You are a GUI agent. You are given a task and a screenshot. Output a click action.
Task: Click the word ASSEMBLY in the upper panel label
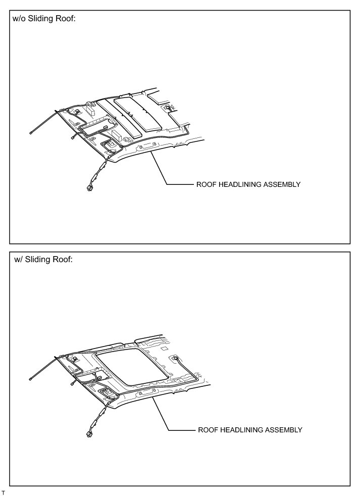point(282,185)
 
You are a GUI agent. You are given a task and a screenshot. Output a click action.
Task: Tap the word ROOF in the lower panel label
point(207,430)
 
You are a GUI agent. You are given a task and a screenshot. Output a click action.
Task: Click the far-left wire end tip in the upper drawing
point(31,132)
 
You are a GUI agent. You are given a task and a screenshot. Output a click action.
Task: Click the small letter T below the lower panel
point(4,491)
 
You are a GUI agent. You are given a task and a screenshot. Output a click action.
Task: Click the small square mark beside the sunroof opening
point(165,348)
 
